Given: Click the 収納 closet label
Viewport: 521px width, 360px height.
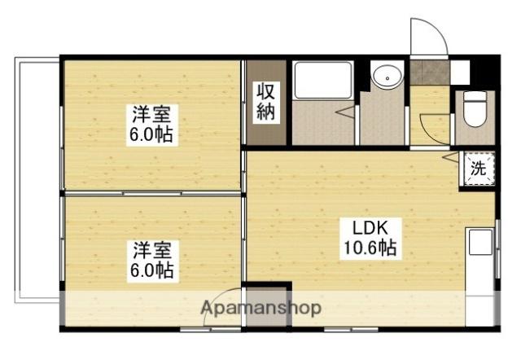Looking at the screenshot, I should point(266,101).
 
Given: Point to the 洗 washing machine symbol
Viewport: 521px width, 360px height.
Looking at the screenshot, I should point(479,170).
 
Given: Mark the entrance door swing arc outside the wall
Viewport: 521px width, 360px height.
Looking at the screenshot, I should point(427,37).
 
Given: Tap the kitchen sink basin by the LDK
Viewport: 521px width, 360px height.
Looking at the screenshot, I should point(479,244).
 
